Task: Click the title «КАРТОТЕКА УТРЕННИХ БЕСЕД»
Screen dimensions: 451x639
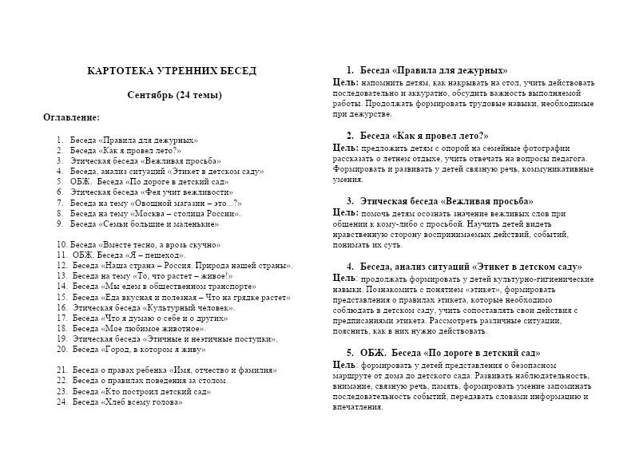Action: coord(172,71)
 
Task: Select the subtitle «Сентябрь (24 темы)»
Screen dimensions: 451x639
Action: coord(174,96)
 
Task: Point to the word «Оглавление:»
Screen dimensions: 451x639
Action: coord(72,117)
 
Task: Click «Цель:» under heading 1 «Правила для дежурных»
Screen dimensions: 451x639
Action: coord(345,82)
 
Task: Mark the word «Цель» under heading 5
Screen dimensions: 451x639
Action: coord(344,364)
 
